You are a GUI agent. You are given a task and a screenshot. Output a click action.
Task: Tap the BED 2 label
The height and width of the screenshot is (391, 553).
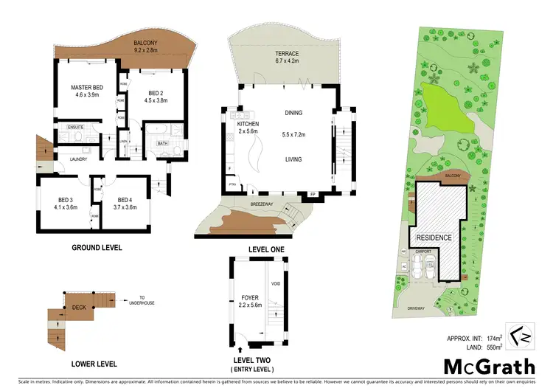tap(150, 93)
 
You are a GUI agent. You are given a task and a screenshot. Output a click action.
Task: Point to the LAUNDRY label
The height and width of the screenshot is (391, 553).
tap(79, 159)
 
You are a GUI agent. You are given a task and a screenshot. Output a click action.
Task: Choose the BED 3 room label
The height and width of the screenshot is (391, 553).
tap(64, 200)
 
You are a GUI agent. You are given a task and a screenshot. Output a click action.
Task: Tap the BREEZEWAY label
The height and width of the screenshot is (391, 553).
tap(243, 204)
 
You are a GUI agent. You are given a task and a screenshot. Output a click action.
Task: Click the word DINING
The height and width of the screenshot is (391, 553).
tap(294, 113)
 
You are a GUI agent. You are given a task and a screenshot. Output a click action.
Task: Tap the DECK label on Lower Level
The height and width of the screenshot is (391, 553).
tap(79, 308)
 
